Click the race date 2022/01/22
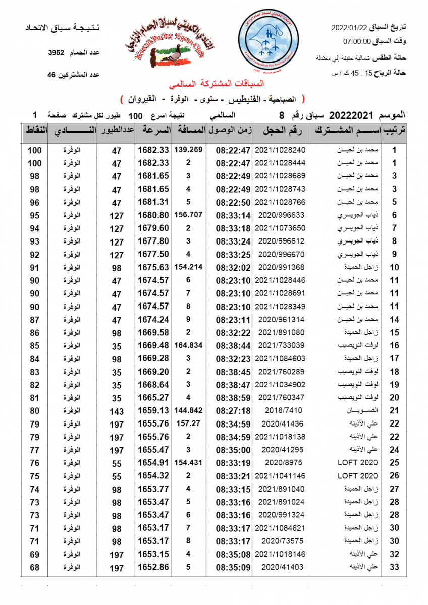coord(348,27)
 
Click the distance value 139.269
coord(188,150)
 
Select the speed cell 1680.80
coord(153,215)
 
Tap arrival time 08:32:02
coord(233,267)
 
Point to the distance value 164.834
coord(188,345)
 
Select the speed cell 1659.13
coord(153,410)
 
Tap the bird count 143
coord(117,411)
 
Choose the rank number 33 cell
coord(394,567)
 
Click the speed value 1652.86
coord(153,567)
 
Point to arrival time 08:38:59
coord(233,397)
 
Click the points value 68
coord(35,567)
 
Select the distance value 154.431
coord(188,462)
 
